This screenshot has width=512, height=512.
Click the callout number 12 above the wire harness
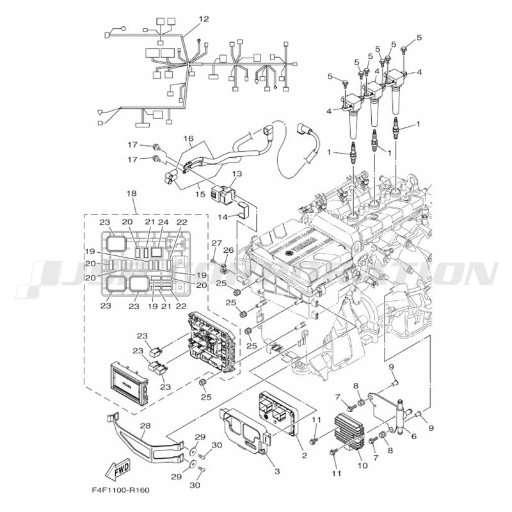[204, 20]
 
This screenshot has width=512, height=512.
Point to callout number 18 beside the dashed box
[131, 193]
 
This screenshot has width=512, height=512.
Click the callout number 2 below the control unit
[303, 456]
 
